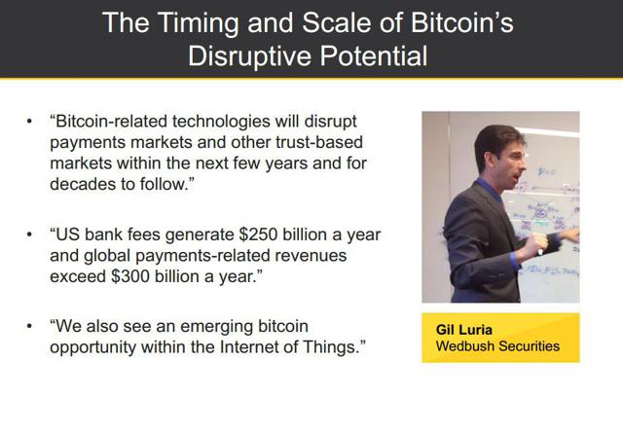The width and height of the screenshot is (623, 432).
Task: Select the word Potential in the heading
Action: point(374,55)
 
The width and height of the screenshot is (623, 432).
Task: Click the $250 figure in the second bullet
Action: point(258,234)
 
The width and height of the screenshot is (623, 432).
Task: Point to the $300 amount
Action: point(129,276)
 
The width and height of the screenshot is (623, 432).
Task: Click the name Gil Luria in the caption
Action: point(463,330)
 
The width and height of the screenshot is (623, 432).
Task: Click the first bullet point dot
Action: point(29,121)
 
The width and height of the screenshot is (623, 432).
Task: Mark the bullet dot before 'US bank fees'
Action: point(29,234)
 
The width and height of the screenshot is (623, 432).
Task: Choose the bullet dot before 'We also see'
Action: point(29,326)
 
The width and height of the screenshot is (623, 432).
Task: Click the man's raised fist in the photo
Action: point(536,242)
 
